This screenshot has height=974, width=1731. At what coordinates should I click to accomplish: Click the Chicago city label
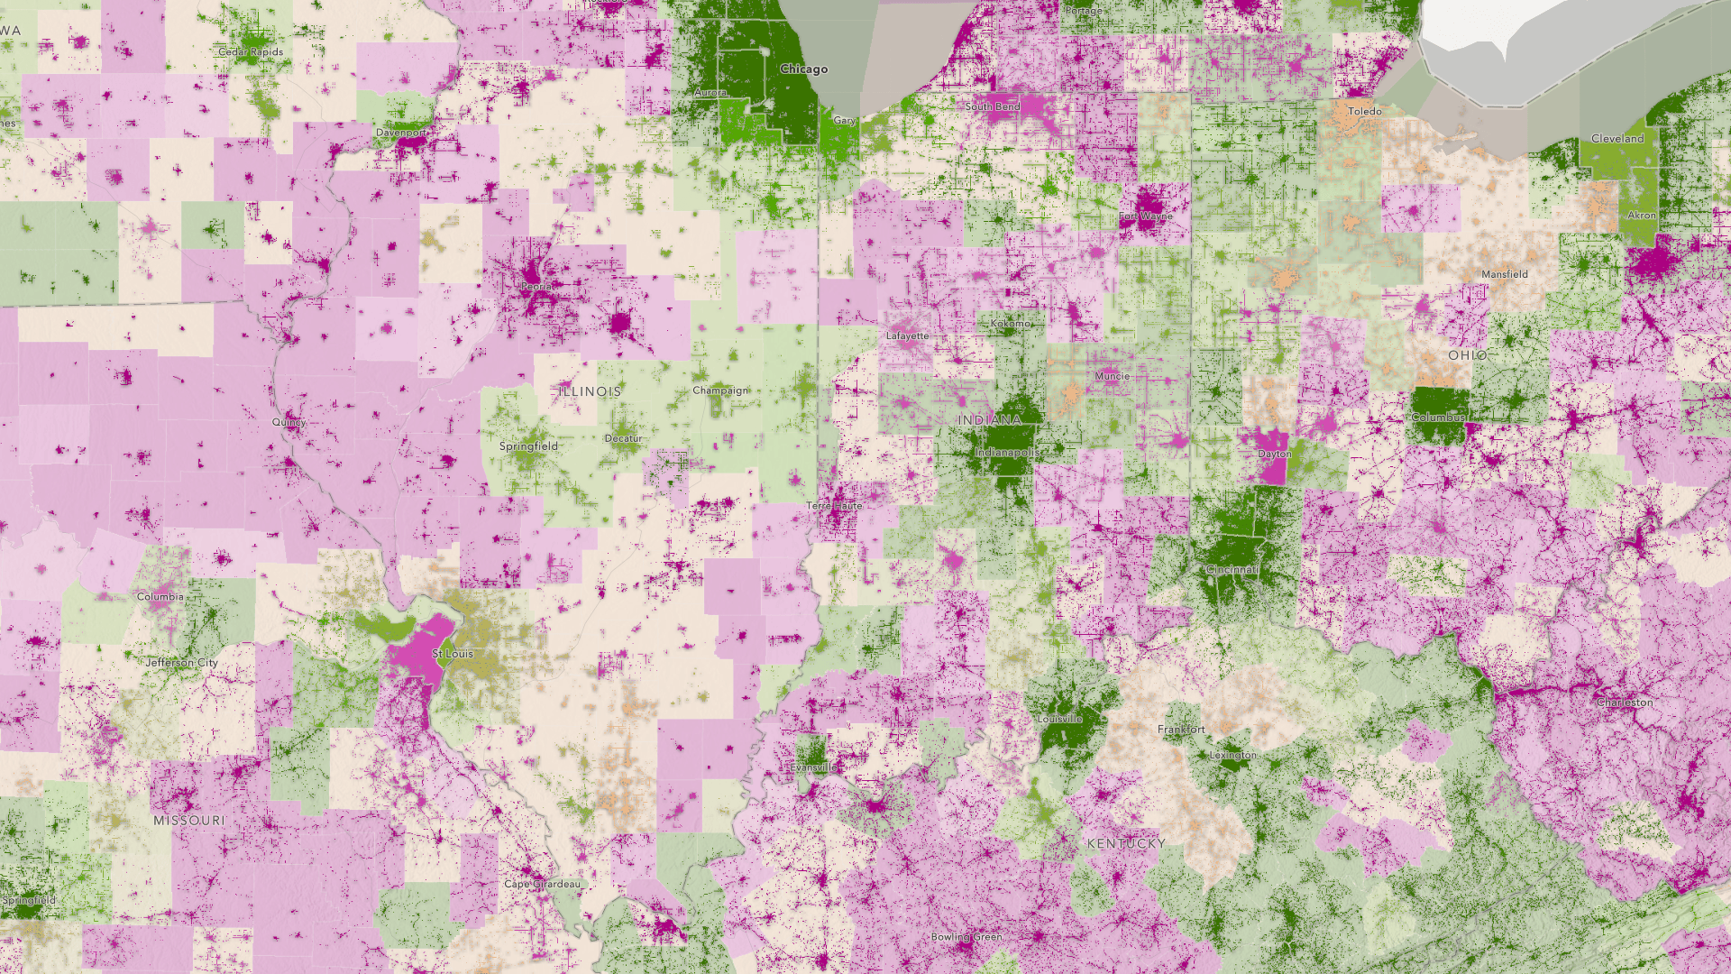pyautogui.click(x=803, y=69)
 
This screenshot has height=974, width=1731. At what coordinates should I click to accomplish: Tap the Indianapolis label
pyautogui.click(x=1007, y=452)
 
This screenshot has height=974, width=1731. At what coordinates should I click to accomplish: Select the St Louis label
pyautogui.click(x=453, y=653)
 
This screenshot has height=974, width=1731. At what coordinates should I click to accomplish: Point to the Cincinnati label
pyautogui.click(x=1232, y=569)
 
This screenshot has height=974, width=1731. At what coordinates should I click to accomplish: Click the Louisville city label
pyautogui.click(x=1059, y=719)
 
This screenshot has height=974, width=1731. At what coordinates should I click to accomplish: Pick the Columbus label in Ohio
pyautogui.click(x=1438, y=418)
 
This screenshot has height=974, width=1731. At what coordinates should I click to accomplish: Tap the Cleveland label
pyautogui.click(x=1617, y=138)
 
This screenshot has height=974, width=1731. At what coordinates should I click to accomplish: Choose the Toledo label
pyautogui.click(x=1364, y=111)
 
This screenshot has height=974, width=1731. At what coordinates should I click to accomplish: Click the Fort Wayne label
pyautogui.click(x=1146, y=216)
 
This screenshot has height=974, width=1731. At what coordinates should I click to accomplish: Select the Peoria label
pyautogui.click(x=536, y=286)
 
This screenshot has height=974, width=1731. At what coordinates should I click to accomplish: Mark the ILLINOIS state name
pyautogui.click(x=590, y=391)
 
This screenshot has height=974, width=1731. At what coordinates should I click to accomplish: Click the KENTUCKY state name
pyautogui.click(x=1126, y=843)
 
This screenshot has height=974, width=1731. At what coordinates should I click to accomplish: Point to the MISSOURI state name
pyautogui.click(x=189, y=820)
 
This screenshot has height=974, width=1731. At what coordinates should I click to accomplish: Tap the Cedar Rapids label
pyautogui.click(x=251, y=51)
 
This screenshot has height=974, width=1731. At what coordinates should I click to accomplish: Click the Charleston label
pyautogui.click(x=1625, y=702)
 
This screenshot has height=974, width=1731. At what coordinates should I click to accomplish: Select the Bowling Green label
pyautogui.click(x=966, y=936)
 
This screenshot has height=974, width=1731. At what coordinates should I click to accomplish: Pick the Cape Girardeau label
pyautogui.click(x=543, y=884)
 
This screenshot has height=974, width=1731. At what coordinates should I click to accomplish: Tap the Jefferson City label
pyautogui.click(x=181, y=662)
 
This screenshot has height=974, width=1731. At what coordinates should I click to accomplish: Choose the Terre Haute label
pyautogui.click(x=834, y=506)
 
